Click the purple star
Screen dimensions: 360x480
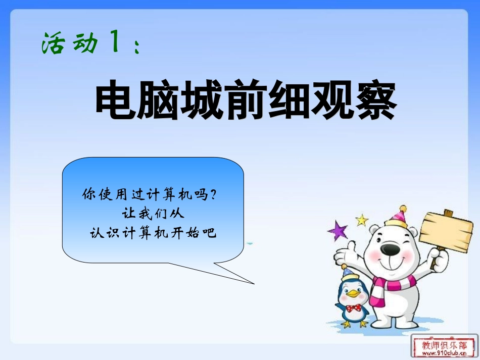(x=338, y=231)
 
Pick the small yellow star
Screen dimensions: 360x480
(x=361, y=220)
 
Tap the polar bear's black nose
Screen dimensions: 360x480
(x=390, y=248)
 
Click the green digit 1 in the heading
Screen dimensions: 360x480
(x=114, y=42)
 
